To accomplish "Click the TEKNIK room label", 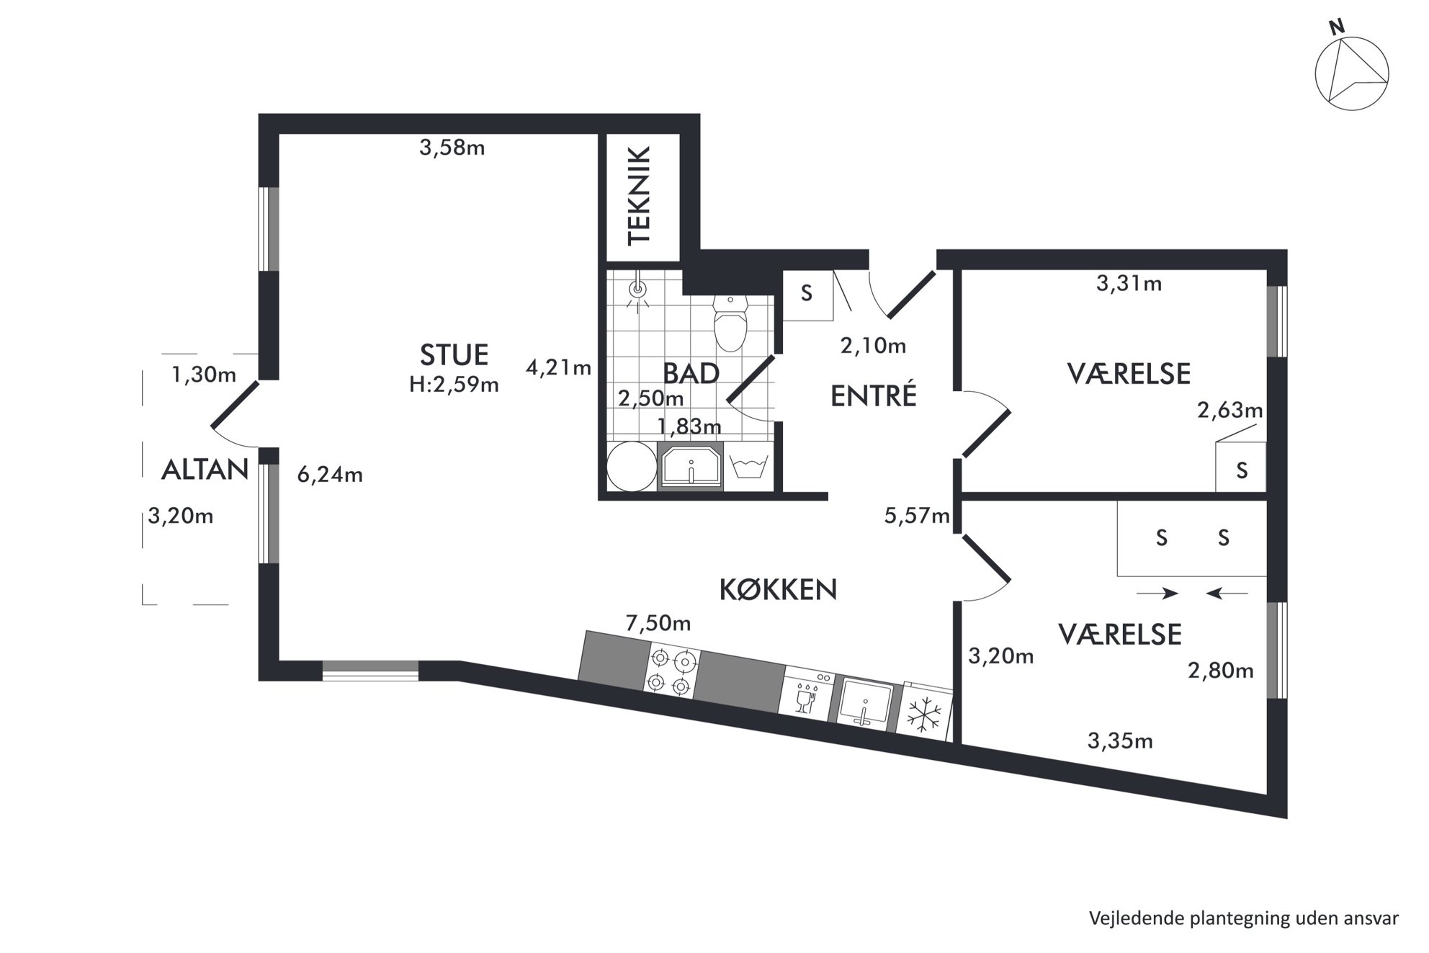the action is [x=640, y=196].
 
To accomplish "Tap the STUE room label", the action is [x=454, y=355].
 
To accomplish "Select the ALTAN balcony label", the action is [x=205, y=470].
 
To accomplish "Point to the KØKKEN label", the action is [x=779, y=590].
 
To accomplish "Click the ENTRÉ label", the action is [x=874, y=395].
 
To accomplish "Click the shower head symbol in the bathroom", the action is [x=637, y=292].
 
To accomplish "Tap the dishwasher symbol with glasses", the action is [x=807, y=692].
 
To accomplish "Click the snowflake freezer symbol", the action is [x=924, y=715].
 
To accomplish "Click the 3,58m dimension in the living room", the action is [x=452, y=148].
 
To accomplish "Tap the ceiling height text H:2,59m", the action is [x=454, y=385].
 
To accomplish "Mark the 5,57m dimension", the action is [x=917, y=516].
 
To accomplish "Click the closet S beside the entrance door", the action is [x=807, y=293].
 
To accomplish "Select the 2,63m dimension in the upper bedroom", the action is [x=1230, y=411].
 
